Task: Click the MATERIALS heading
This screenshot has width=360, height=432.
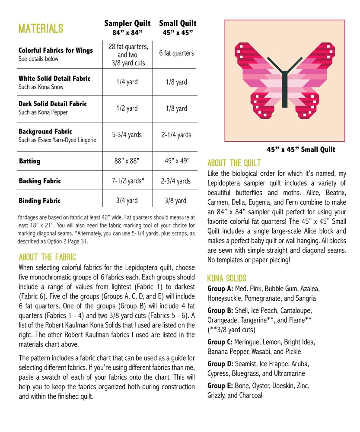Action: (x=41, y=29)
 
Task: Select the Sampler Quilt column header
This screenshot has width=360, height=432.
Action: (x=127, y=27)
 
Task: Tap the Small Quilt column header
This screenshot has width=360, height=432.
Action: (x=178, y=27)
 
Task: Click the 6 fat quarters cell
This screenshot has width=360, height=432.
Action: (x=176, y=53)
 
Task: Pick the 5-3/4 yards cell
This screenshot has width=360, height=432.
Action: (x=127, y=135)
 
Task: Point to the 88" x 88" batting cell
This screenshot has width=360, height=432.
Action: (x=127, y=161)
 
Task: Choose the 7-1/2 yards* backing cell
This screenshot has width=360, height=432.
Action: (x=127, y=181)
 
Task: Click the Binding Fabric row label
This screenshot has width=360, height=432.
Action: (x=39, y=200)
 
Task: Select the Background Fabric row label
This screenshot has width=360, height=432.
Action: (x=45, y=131)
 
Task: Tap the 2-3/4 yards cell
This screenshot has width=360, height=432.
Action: (x=176, y=181)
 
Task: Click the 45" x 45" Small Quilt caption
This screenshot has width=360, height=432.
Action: (x=301, y=150)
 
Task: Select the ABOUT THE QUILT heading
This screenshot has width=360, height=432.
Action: (x=234, y=163)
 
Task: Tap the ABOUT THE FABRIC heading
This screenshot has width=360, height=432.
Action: (x=47, y=257)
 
